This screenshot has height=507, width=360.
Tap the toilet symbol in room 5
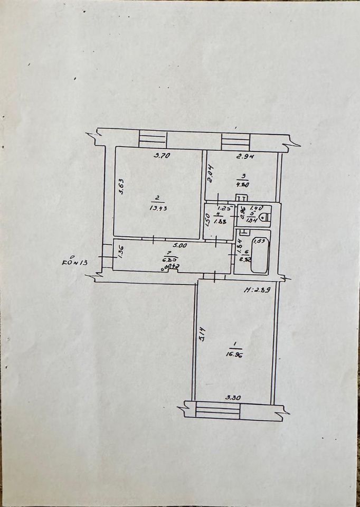266,216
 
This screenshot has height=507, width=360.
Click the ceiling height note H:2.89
257,289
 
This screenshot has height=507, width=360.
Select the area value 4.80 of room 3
242,185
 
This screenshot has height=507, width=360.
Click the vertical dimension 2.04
210,174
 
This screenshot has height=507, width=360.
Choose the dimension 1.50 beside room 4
208,218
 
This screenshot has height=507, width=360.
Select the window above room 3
235,140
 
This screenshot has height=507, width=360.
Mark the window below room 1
217,410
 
